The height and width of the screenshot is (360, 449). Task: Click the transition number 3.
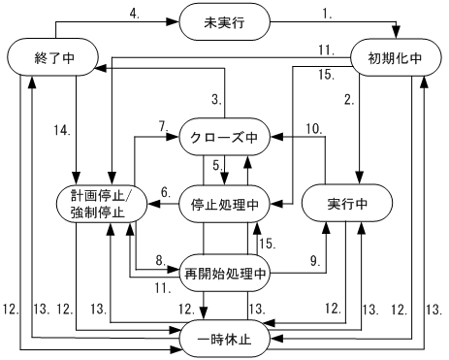click(218, 99)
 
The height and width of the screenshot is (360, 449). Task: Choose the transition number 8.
click(161, 258)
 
